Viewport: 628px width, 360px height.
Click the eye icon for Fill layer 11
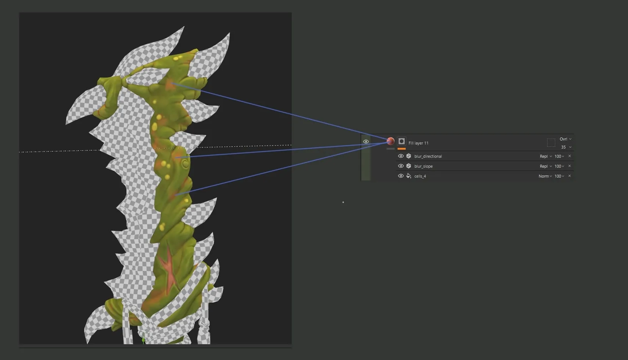[366, 142]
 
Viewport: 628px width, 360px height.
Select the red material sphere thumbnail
[391, 141]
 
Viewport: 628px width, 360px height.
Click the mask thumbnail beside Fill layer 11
[402, 141]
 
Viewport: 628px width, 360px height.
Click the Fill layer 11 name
[418, 143]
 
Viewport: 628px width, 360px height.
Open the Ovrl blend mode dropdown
[565, 139]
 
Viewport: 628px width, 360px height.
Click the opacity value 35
[563, 147]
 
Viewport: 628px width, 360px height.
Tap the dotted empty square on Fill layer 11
[551, 142]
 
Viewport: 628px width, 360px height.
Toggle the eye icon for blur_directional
[401, 156]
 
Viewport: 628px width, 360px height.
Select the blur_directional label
[428, 156]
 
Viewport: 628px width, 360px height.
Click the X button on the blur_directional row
[570, 156]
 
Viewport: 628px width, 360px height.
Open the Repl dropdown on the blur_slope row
[546, 166]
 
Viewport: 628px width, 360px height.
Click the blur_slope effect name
[423, 166]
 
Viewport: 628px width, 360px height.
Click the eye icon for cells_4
[401, 176]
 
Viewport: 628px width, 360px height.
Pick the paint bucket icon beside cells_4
[409, 176]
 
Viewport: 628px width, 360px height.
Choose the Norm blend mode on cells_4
[545, 176]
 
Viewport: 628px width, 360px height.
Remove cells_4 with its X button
[570, 176]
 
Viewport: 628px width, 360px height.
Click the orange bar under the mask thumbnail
[402, 149]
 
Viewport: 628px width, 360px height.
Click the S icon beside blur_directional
[409, 156]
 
